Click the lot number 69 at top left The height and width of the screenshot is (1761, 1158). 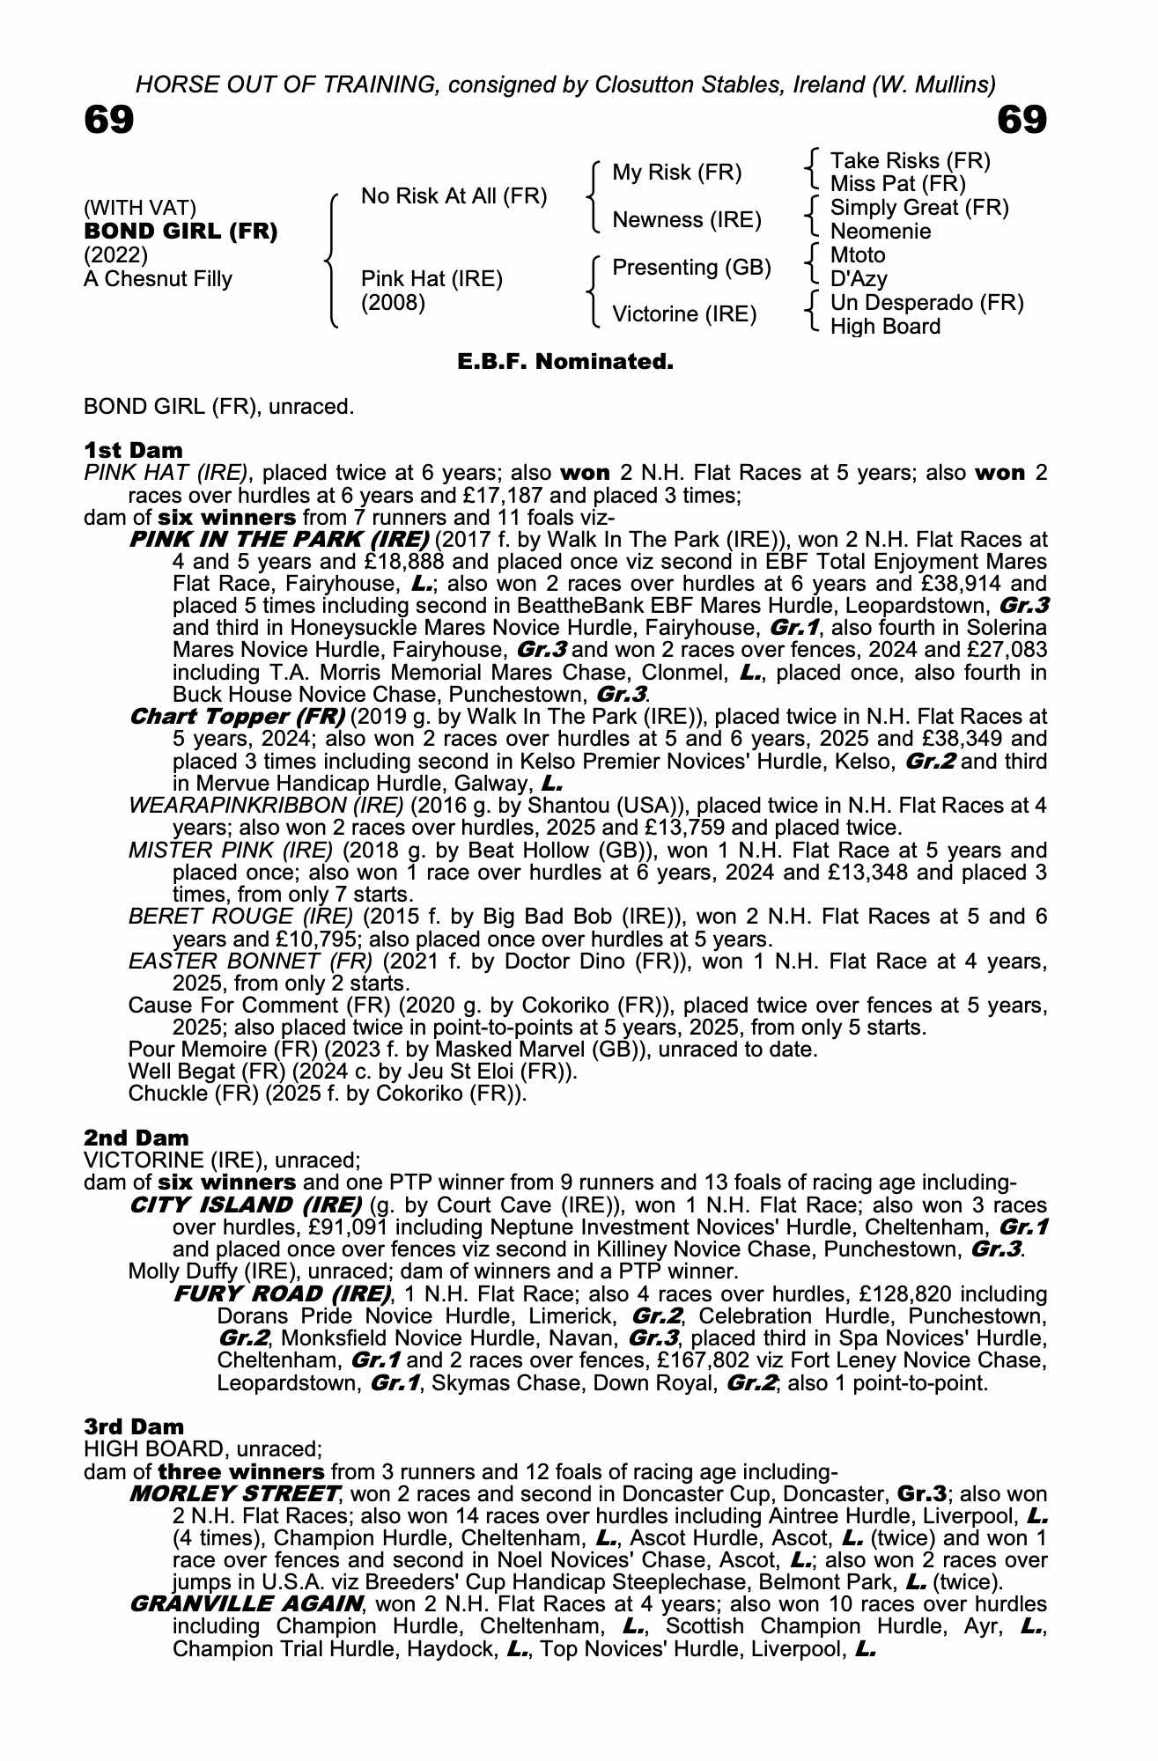(x=109, y=120)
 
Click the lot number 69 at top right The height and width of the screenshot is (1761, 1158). (x=1022, y=120)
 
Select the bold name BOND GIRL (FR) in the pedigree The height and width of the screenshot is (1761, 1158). (x=181, y=232)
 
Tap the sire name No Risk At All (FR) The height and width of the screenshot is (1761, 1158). (x=454, y=196)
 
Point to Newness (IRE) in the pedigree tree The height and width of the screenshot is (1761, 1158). (x=687, y=219)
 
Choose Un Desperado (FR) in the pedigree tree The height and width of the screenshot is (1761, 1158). (x=926, y=303)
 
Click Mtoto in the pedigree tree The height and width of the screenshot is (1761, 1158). (x=858, y=255)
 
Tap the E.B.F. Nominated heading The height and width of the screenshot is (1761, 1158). (x=565, y=361)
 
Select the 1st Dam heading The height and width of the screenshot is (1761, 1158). (x=134, y=450)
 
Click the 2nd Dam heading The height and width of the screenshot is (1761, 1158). (x=136, y=1138)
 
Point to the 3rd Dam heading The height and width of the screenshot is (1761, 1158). (x=135, y=1426)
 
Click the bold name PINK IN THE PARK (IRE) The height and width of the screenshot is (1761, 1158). (x=279, y=539)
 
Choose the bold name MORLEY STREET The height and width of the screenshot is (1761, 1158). (x=234, y=1493)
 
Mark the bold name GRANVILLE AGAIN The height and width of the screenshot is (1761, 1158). (x=246, y=1603)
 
